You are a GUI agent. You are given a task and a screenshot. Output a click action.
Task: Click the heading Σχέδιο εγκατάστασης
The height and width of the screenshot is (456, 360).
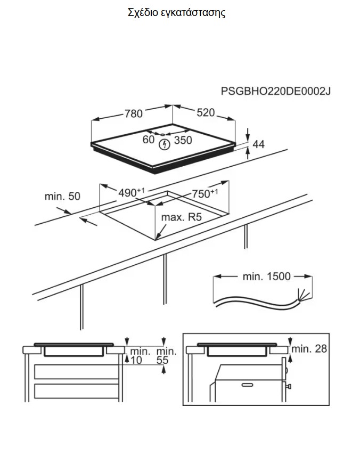pos(177,13)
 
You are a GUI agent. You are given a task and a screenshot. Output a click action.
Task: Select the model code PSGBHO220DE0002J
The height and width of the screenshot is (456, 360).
pos(276,92)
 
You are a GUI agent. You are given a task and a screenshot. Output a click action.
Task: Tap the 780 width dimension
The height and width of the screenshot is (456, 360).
pos(134,113)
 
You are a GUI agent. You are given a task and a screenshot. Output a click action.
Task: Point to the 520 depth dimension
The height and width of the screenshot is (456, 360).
pos(205,113)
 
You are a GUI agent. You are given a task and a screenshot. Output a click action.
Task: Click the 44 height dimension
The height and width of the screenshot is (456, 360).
pos(259,144)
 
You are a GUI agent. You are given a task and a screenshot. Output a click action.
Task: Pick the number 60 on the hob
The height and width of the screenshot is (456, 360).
pos(149,140)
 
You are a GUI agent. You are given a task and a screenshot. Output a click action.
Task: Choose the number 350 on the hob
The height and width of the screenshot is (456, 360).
pos(183,141)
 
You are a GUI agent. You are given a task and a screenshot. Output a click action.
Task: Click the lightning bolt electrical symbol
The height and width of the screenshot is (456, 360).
pos(165,144)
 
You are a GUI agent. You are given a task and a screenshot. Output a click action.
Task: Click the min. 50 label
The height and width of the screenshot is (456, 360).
pos(62,197)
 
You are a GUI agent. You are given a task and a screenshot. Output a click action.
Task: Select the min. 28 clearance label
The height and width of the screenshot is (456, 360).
pos(309,349)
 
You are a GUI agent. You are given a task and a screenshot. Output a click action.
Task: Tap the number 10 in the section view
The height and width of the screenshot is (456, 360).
pos(136,361)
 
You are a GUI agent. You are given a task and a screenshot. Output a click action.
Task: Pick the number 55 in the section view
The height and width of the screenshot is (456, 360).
pos(163,361)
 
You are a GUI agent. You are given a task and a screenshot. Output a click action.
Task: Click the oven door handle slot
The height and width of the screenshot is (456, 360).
pos(247,384)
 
